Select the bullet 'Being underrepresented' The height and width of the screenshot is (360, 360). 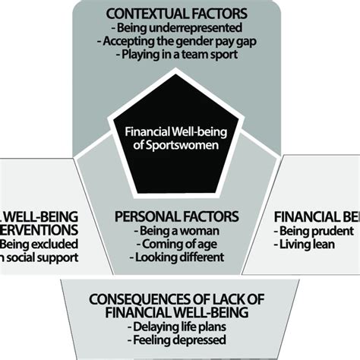tap(179, 30)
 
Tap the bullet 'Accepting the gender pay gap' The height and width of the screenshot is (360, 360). tap(179, 43)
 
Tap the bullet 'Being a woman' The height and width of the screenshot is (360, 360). tap(179, 230)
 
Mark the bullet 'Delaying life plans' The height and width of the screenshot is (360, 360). tap(179, 327)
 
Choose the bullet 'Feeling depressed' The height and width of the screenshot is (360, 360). tap(179, 340)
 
